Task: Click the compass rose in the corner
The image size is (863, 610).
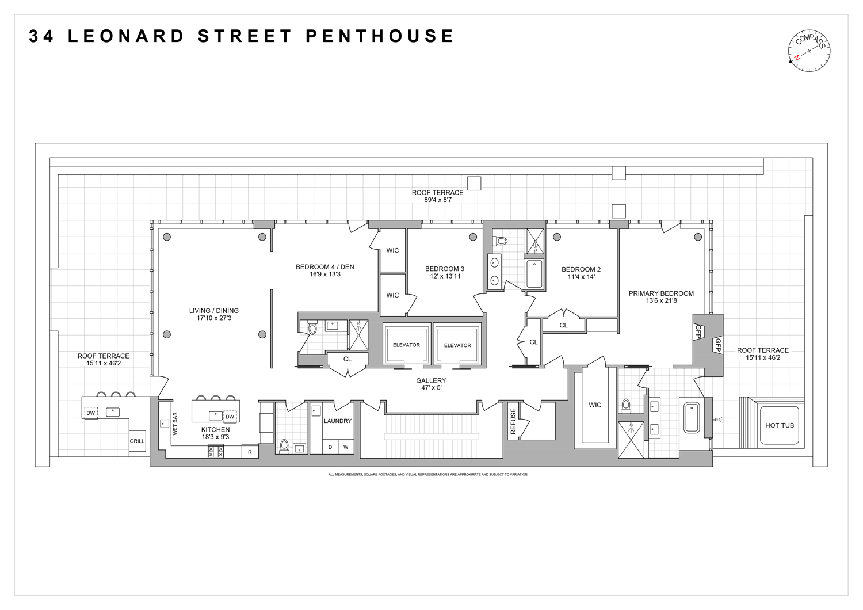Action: click(x=809, y=50)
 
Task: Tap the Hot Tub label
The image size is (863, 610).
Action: click(x=779, y=425)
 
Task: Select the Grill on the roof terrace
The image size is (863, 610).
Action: click(x=137, y=441)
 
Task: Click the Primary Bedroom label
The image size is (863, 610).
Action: click(x=661, y=293)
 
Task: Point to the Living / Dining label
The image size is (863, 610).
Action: click(x=214, y=311)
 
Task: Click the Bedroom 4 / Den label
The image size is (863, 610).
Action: click(x=325, y=267)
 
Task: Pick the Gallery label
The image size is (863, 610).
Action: click(x=431, y=380)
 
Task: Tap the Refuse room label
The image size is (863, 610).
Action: click(x=513, y=420)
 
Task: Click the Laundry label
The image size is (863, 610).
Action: click(x=337, y=421)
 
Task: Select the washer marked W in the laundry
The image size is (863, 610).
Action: click(x=346, y=447)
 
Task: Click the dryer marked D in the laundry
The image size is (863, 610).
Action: click(x=330, y=447)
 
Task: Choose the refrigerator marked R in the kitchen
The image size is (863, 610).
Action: click(x=250, y=452)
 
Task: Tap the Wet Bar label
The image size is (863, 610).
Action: click(x=175, y=422)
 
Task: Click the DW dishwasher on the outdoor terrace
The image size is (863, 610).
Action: click(x=91, y=412)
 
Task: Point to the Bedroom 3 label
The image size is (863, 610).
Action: click(x=445, y=269)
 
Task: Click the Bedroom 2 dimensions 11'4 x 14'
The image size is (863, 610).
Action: click(x=581, y=277)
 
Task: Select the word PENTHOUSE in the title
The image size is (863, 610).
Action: click(x=380, y=36)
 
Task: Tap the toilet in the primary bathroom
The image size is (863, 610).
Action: click(x=627, y=406)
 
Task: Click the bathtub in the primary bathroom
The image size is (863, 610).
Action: click(x=691, y=418)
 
